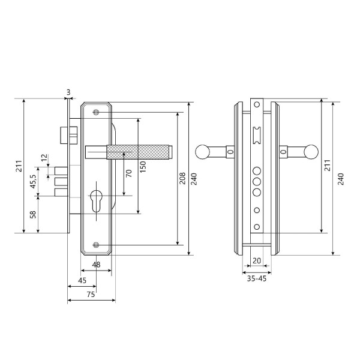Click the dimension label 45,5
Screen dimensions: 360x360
click(33, 181)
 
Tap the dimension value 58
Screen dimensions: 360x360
click(33, 214)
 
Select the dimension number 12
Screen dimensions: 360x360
click(44, 157)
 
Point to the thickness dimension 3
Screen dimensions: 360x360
click(68, 92)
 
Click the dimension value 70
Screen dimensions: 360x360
click(129, 173)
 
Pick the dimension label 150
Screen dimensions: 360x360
click(143, 167)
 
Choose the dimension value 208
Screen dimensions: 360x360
click(182, 178)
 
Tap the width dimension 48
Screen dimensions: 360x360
click(96, 265)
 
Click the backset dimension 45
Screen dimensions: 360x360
click(82, 280)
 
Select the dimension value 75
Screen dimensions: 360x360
click(91, 295)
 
